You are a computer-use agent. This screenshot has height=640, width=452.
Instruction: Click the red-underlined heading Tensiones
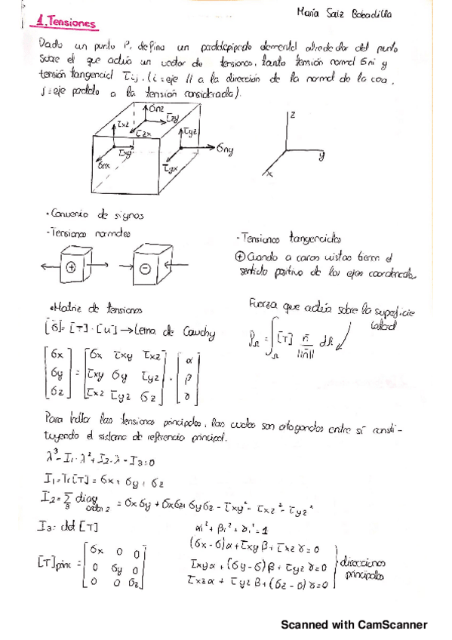pos(68,23)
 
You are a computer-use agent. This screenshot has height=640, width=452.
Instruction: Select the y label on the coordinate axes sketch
pos(320,157)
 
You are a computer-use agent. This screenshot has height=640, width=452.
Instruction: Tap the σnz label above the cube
pos(155,110)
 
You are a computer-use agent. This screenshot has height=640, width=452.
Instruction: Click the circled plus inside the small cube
pos(71,267)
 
